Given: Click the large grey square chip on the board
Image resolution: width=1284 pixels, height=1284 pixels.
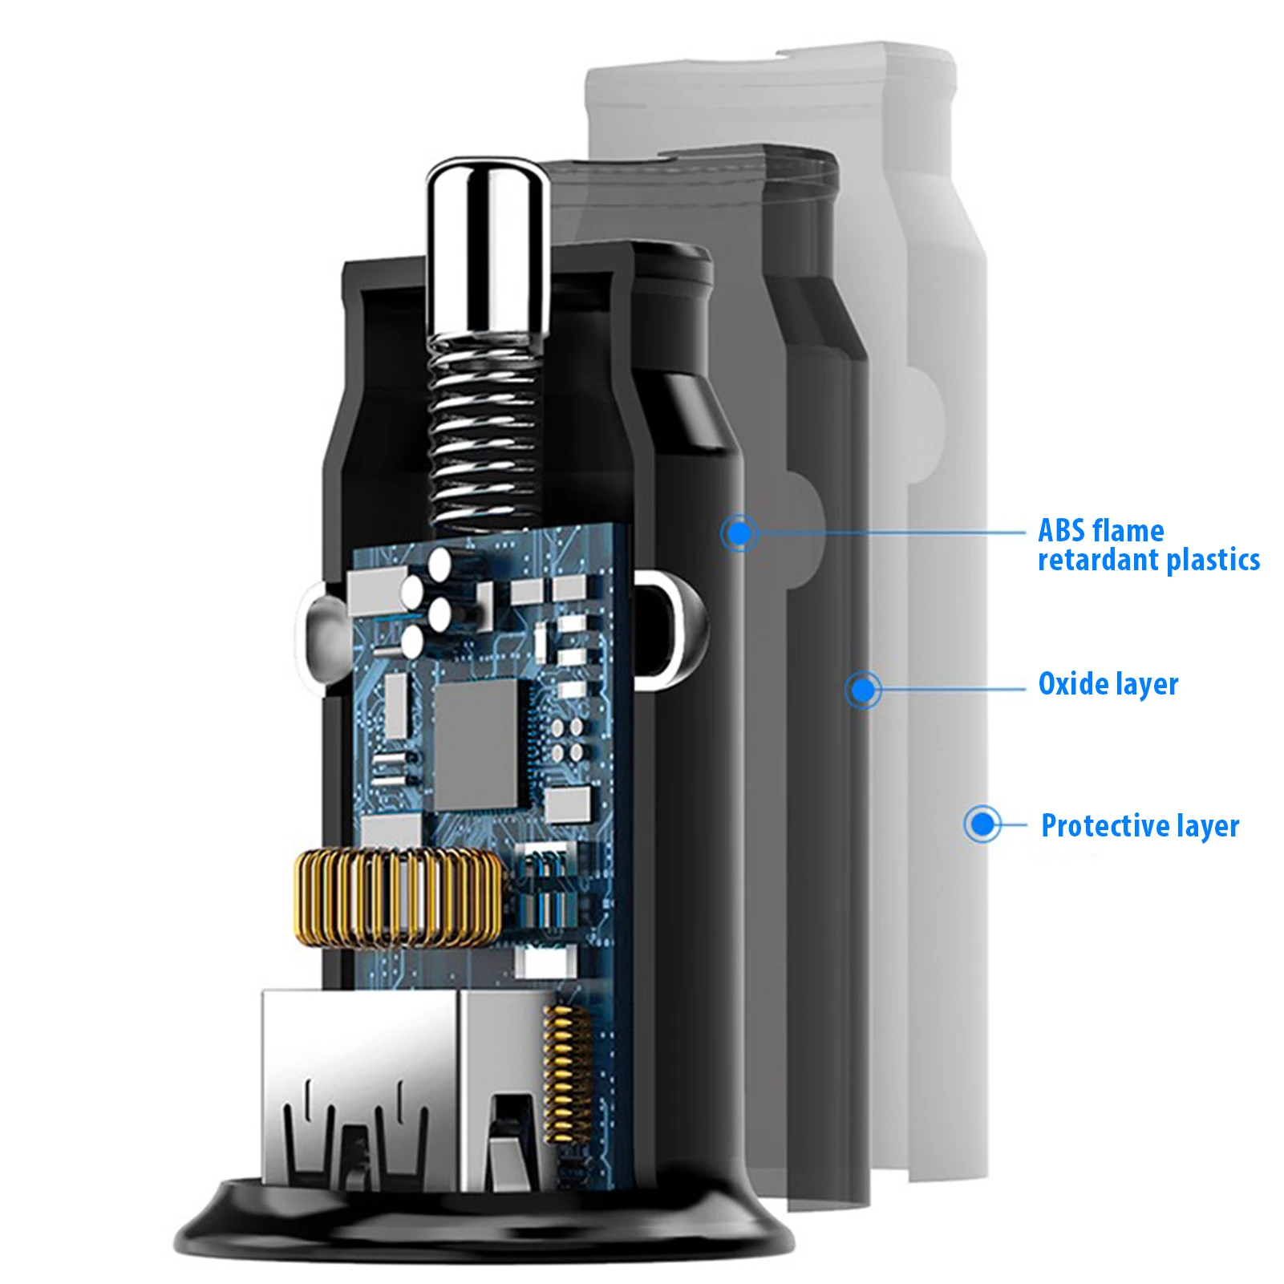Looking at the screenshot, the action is click(x=476, y=744).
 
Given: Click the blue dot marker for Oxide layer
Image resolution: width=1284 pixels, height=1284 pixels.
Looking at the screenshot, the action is click(x=863, y=689).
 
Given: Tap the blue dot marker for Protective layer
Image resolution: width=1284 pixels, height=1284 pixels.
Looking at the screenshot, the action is click(x=982, y=824).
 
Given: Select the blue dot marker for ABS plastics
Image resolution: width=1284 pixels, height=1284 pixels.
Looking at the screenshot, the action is click(x=739, y=533).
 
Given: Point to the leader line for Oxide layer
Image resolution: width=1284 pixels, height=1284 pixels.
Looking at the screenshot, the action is click(x=953, y=689).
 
